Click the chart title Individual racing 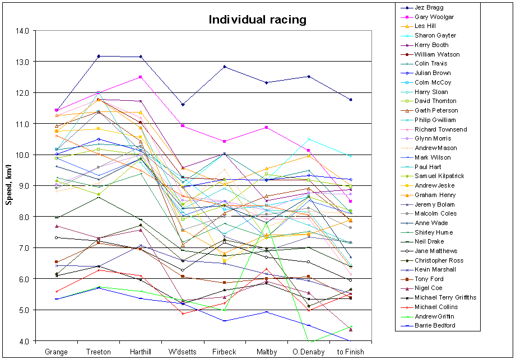point(257,20)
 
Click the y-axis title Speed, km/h point(9,185)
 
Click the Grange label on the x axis point(57,352)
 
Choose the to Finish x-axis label point(351,352)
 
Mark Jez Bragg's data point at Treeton point(99,56)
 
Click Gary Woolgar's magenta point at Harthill point(141,77)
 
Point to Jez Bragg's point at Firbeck point(225,67)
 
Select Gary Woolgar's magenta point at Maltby point(267,128)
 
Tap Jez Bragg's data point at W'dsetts point(183,105)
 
